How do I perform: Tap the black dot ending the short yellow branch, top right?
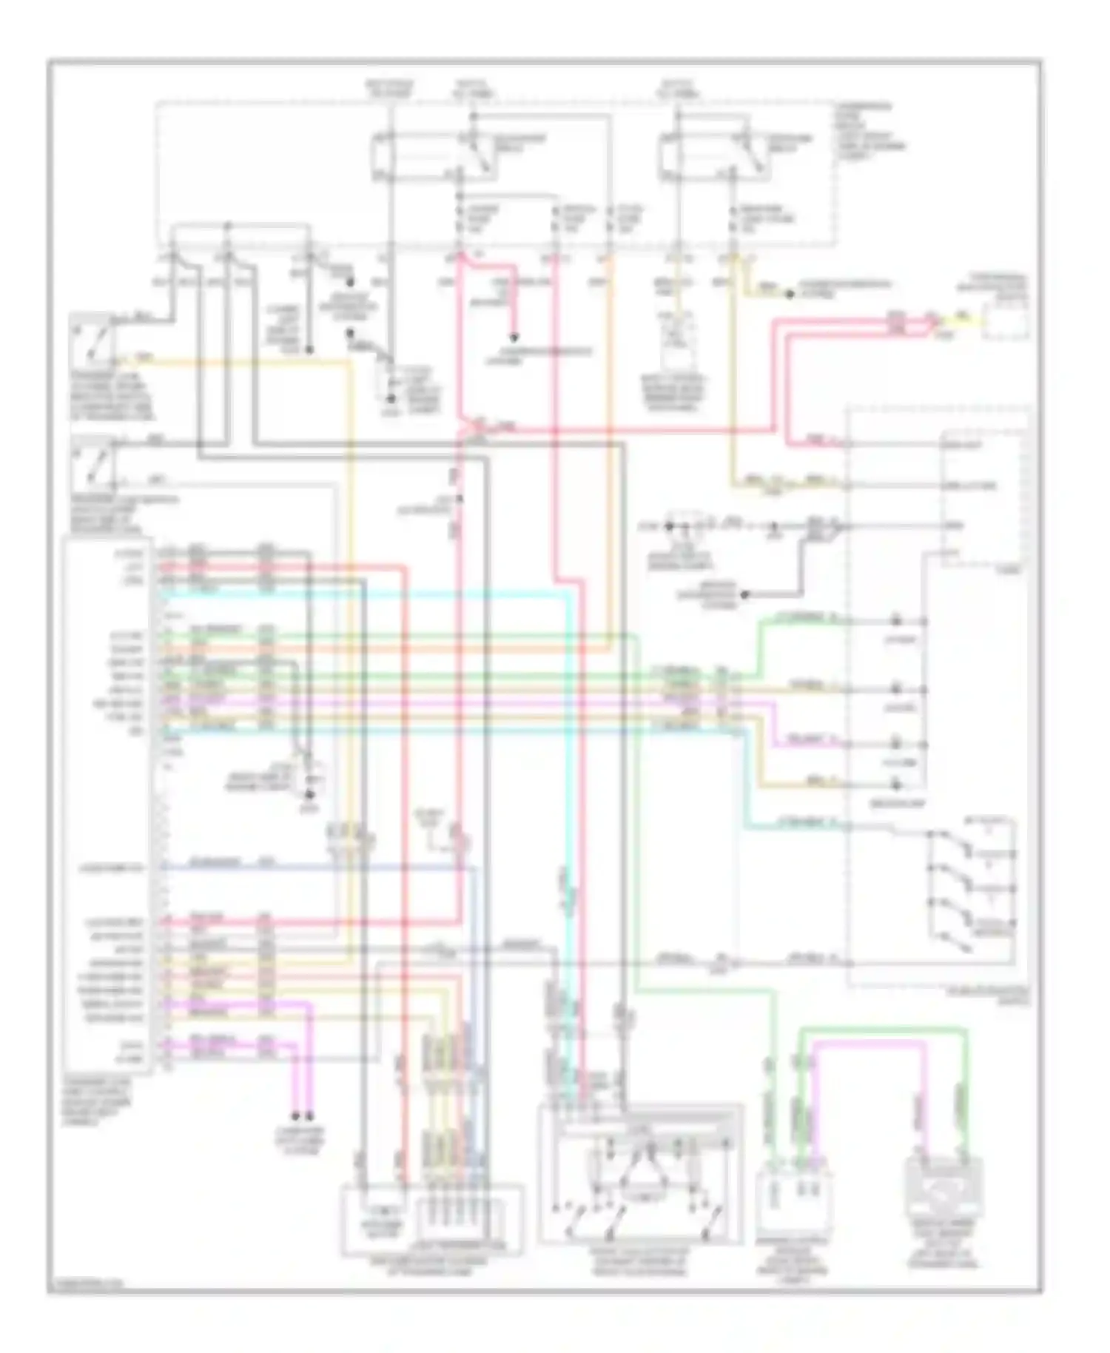click(x=790, y=294)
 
